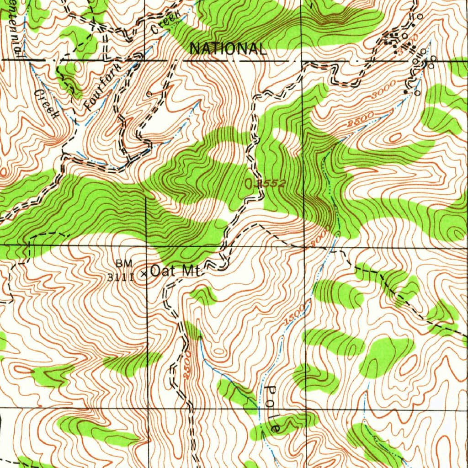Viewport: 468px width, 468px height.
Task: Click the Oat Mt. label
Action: [175, 271]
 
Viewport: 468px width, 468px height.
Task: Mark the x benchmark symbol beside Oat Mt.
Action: [144, 274]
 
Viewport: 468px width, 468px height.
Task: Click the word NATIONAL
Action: [228, 48]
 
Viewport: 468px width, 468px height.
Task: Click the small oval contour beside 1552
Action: [249, 184]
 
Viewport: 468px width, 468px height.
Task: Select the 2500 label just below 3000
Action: [361, 118]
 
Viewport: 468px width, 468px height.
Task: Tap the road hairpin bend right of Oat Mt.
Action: [223, 265]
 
